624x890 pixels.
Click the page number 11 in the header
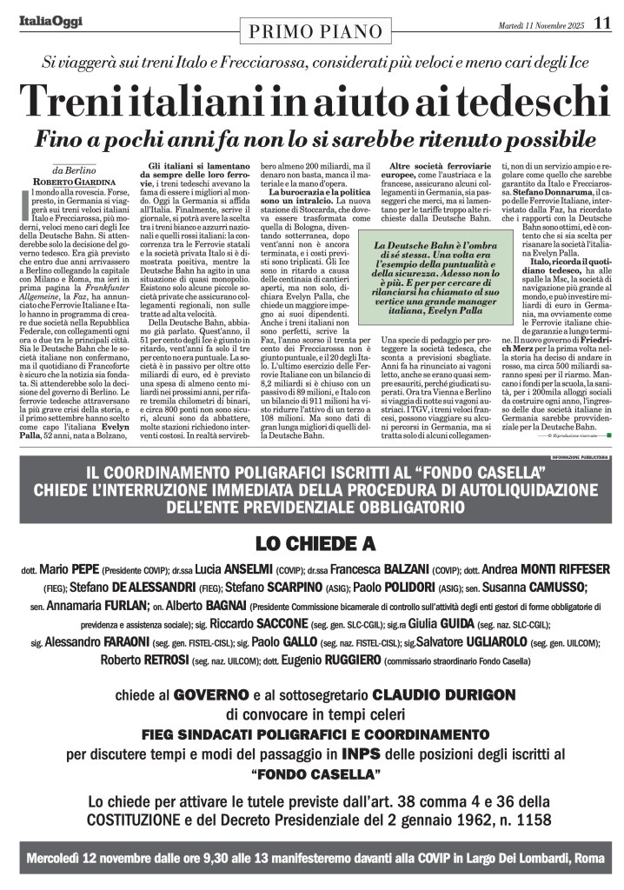(602, 23)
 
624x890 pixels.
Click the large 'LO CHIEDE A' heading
(315, 544)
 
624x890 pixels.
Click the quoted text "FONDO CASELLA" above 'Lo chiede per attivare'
(315, 773)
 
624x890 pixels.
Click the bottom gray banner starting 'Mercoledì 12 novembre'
(315, 858)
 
